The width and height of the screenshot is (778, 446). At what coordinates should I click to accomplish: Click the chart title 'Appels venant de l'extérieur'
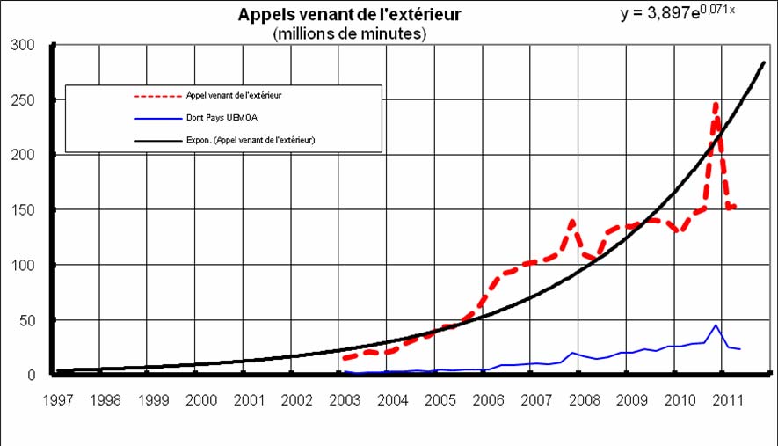click(350, 15)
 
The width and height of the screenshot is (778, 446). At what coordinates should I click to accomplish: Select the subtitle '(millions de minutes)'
click(350, 33)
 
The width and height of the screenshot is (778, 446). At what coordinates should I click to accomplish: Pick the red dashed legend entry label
click(239, 94)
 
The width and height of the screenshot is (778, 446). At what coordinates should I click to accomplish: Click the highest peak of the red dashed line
click(716, 104)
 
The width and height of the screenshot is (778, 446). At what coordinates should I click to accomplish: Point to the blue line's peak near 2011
click(716, 325)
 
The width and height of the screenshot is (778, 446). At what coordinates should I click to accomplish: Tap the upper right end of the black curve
click(764, 62)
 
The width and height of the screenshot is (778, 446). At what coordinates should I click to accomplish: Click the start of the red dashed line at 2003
click(344, 359)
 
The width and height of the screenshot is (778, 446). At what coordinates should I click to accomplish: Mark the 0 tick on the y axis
click(31, 376)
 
